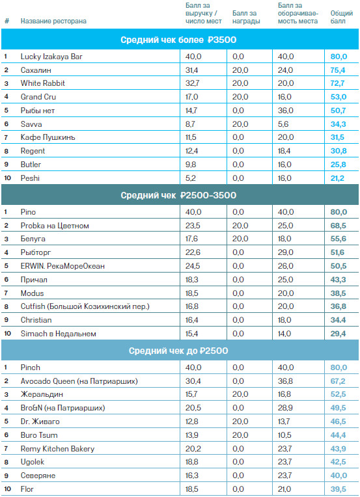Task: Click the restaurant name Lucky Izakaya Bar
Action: (51, 57)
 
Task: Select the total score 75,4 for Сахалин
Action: (338, 70)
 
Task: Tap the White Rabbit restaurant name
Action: (43, 83)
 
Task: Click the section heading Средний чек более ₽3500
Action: (178, 40)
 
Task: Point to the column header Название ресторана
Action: (53, 21)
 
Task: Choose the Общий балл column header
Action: (342, 17)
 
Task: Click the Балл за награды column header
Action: (246, 17)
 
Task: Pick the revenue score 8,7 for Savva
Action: (190, 124)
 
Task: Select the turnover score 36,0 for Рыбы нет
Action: (286, 111)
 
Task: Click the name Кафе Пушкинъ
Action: (48, 137)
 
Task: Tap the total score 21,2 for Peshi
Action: (337, 178)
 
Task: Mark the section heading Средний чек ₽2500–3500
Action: (178, 195)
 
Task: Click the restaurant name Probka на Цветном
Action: (55, 226)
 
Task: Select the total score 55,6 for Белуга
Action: (338, 239)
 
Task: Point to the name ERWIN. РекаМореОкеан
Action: (62, 266)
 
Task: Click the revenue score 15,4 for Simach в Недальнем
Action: (191, 334)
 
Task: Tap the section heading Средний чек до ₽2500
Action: (178, 351)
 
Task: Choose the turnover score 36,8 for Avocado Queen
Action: (285, 381)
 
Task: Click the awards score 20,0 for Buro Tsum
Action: (240, 435)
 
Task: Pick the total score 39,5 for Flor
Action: (338, 489)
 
